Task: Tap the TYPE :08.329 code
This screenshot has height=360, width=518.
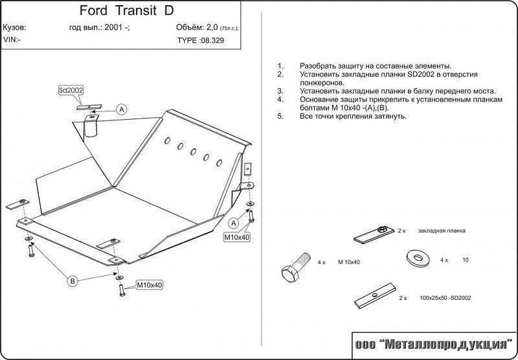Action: pyautogui.click(x=203, y=40)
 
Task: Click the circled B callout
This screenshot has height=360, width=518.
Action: pyautogui.click(x=73, y=280)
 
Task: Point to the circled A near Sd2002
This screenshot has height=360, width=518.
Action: pyautogui.click(x=121, y=109)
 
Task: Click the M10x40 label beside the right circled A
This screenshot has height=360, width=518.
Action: pyautogui.click(x=237, y=237)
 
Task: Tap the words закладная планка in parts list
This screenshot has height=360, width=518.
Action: pyautogui.click(x=442, y=231)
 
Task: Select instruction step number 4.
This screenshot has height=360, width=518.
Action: pyautogui.click(x=280, y=100)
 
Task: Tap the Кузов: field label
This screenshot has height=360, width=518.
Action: pyautogui.click(x=15, y=28)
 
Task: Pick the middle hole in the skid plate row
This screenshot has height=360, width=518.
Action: pyautogui.click(x=193, y=151)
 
